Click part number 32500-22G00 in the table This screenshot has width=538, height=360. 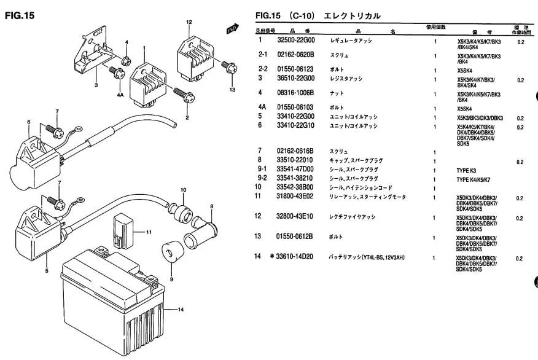click(295, 41)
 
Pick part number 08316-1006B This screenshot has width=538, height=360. click(295, 93)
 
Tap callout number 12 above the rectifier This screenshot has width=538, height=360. click(189, 22)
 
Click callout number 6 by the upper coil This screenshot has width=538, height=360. click(28, 122)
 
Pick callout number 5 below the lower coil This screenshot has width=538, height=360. click(46, 270)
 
